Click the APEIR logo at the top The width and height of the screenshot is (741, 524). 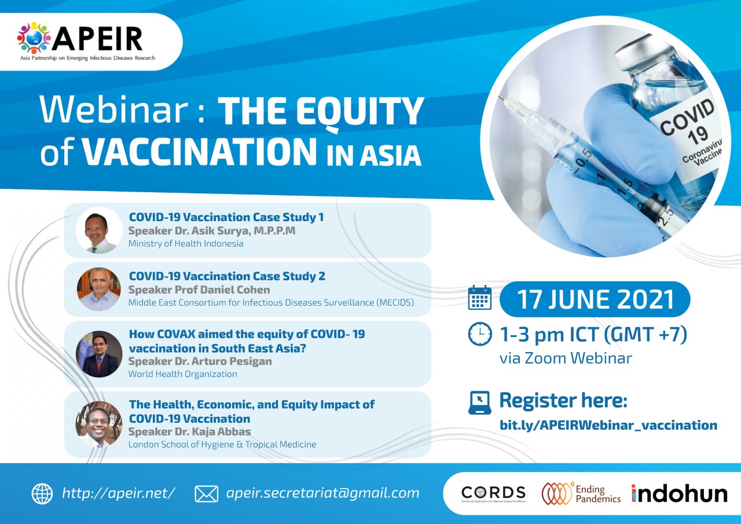[86, 42]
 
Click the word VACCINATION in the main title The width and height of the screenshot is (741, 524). [199, 152]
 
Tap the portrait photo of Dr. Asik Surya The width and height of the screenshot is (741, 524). [99, 230]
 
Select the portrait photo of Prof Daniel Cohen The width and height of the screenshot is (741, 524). [99, 289]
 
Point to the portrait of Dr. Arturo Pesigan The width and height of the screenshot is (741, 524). [99, 354]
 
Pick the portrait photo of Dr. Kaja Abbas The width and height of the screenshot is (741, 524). [99, 424]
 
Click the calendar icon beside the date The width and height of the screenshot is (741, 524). [480, 298]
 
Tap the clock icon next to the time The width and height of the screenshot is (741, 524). [480, 334]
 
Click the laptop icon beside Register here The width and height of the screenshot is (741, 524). [480, 403]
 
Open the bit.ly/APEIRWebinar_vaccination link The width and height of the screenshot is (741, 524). [608, 425]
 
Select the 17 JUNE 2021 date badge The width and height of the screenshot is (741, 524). [595, 299]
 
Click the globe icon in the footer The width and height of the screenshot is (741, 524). [42, 494]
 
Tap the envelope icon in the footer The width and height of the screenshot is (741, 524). [207, 494]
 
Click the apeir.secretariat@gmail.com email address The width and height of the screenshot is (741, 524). [323, 493]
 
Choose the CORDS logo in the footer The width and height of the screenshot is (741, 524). [493, 493]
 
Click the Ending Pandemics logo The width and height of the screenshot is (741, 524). [581, 493]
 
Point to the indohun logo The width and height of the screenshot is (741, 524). [679, 493]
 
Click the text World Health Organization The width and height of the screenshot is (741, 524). [182, 374]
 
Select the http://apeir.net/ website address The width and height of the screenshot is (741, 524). [119, 493]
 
